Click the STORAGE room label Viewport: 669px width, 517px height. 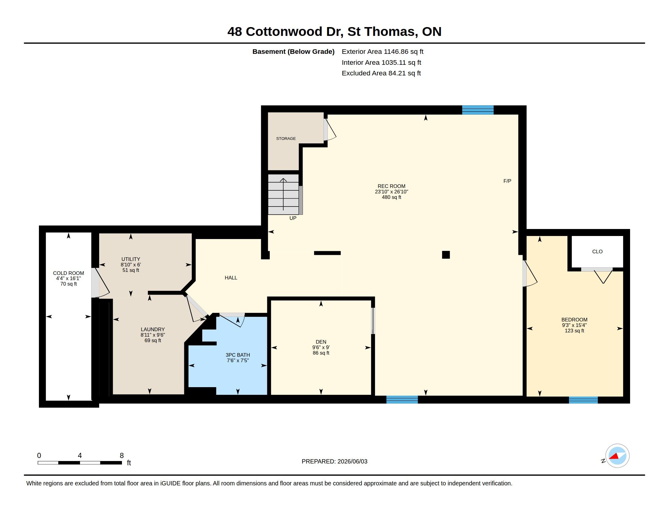(286, 138)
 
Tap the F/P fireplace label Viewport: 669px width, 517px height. (507, 181)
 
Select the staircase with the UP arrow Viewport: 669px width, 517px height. (283, 195)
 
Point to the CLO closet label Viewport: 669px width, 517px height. (597, 252)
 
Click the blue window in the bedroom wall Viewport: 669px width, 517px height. (583, 400)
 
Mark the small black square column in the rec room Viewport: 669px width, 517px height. (446, 255)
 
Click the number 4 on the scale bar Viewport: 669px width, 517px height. (80, 456)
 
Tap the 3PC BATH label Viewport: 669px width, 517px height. (238, 355)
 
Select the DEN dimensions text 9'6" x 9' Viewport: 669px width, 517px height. (321, 347)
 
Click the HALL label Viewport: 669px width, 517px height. (231, 278)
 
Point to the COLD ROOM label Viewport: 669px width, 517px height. (68, 273)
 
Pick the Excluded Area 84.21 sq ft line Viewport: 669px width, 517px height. (381, 73)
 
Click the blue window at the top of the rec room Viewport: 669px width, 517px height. (477, 110)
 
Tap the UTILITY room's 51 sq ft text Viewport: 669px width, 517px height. (131, 270)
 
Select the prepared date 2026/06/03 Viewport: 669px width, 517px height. (352, 461)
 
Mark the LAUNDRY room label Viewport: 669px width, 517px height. (153, 330)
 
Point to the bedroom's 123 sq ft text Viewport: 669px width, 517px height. (574, 331)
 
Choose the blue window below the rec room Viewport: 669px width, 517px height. (402, 400)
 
